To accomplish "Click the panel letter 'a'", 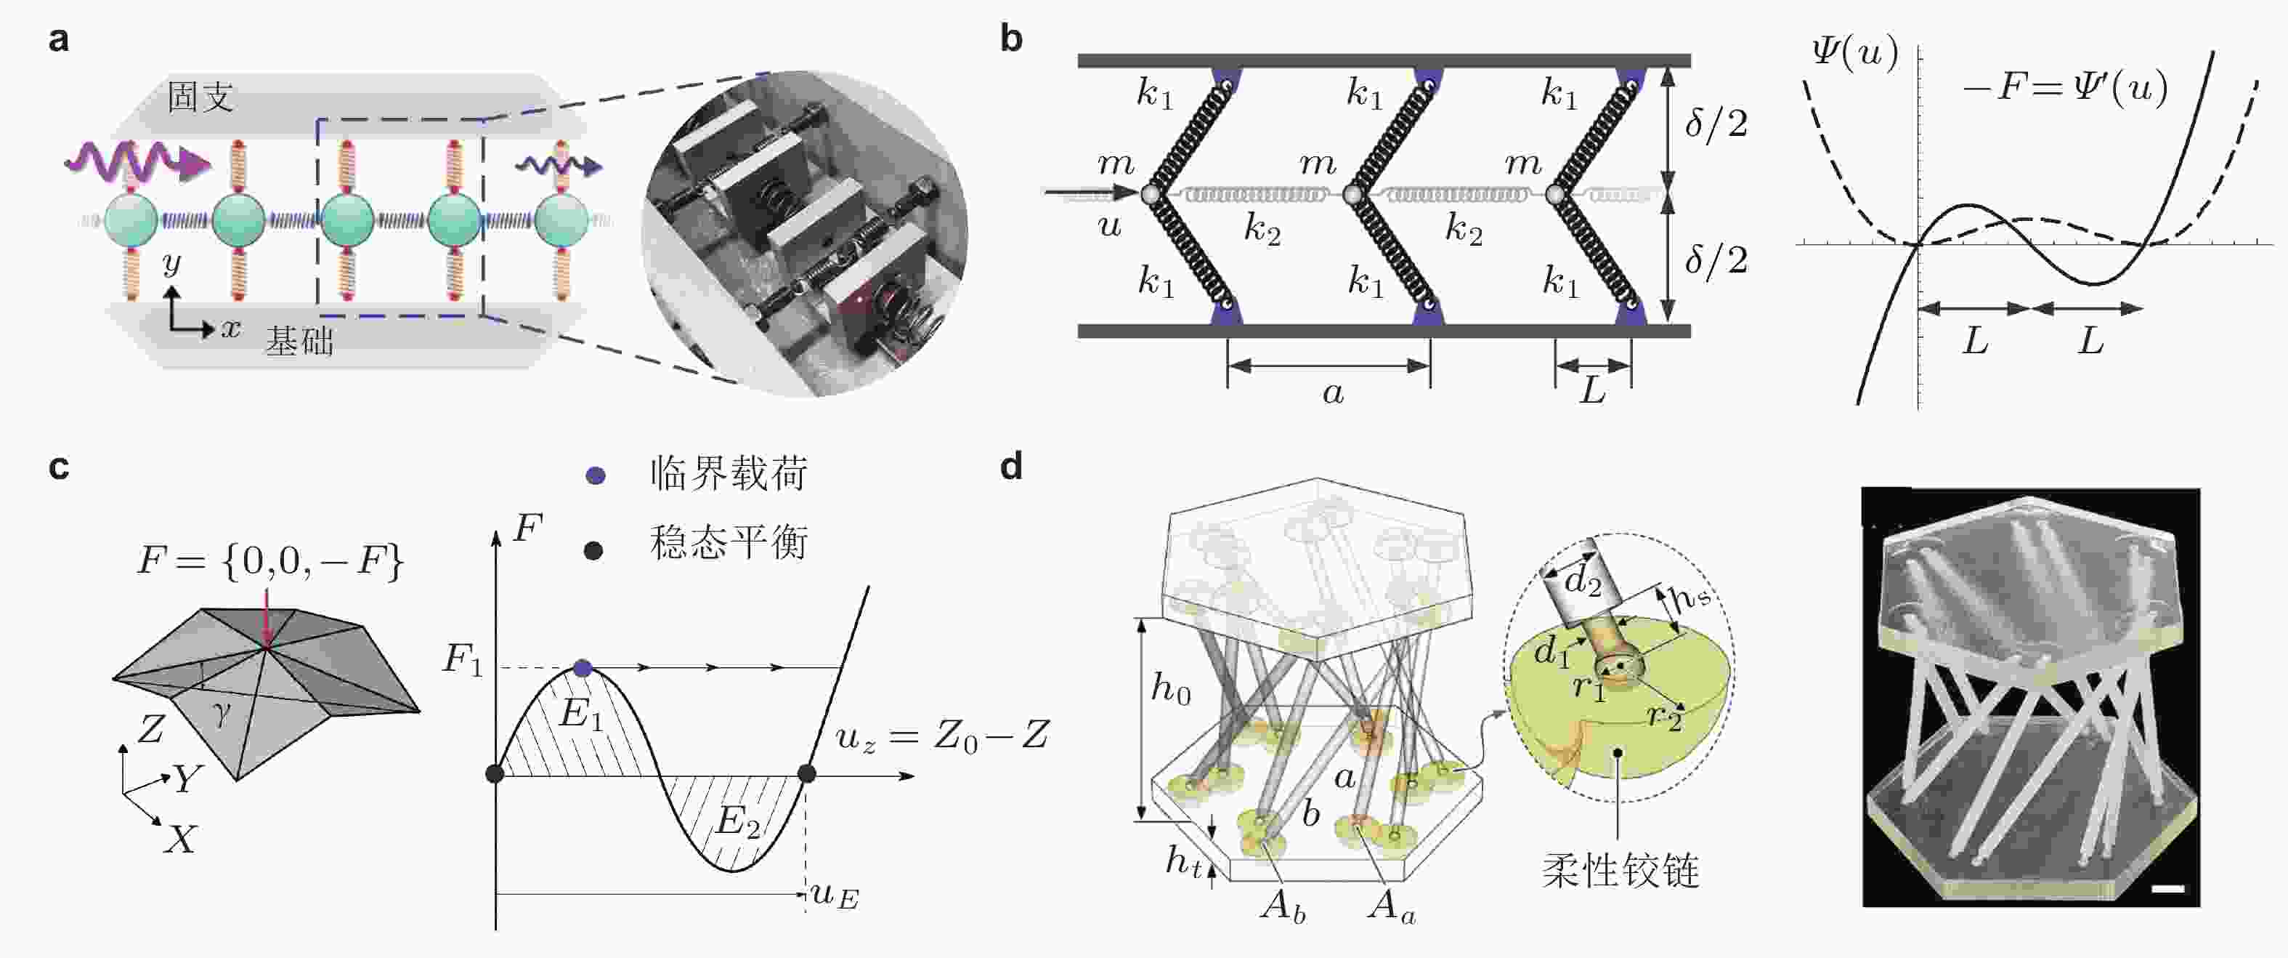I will point(59,40).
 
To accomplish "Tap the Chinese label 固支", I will point(200,97).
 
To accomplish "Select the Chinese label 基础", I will point(299,341).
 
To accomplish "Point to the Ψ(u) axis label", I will point(1854,53).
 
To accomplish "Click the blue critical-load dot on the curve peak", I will point(583,667).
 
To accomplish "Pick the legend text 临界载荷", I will point(729,474).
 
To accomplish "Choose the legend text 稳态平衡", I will point(729,542).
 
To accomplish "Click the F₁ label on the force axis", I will point(463,660).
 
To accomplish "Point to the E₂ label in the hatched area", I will point(738,822).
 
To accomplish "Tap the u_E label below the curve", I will point(835,895).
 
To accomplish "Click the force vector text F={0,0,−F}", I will point(271,562).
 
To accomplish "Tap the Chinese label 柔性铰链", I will point(1620,871).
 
